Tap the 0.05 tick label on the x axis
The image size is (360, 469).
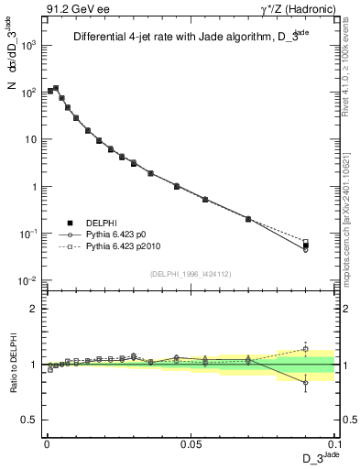click(x=191, y=442)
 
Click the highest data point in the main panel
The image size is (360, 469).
click(x=56, y=88)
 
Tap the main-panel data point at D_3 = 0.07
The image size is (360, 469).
click(x=248, y=219)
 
